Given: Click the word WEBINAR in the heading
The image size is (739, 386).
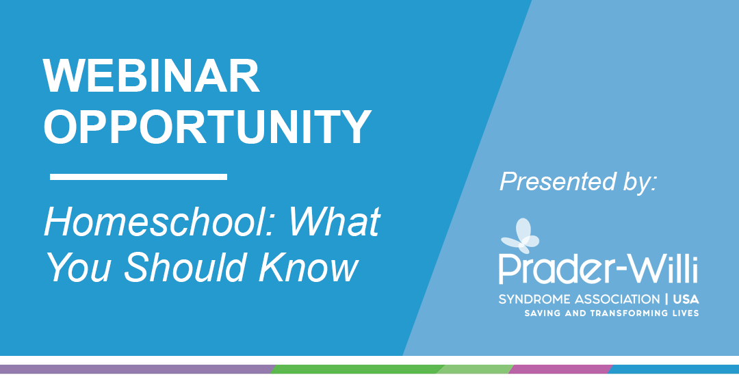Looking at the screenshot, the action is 151,76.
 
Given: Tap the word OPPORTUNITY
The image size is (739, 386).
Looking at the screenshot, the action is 207,127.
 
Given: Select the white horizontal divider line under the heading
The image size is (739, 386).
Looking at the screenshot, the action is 138,177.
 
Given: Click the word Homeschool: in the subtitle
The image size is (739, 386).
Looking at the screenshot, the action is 161,222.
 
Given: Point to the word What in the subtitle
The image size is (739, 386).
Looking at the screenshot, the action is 334,222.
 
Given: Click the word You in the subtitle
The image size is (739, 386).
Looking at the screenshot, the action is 79,267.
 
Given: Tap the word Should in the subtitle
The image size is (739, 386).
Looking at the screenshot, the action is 185,267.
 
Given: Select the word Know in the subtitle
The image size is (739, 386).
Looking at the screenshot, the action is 308,267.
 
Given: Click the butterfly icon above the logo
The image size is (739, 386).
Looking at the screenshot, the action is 520,235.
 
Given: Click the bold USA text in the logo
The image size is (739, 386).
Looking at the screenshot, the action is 686,299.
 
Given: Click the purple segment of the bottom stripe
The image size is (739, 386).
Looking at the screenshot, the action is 138,369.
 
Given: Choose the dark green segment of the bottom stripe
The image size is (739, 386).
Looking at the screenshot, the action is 357,369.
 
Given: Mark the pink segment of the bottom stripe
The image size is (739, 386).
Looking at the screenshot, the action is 560,369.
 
